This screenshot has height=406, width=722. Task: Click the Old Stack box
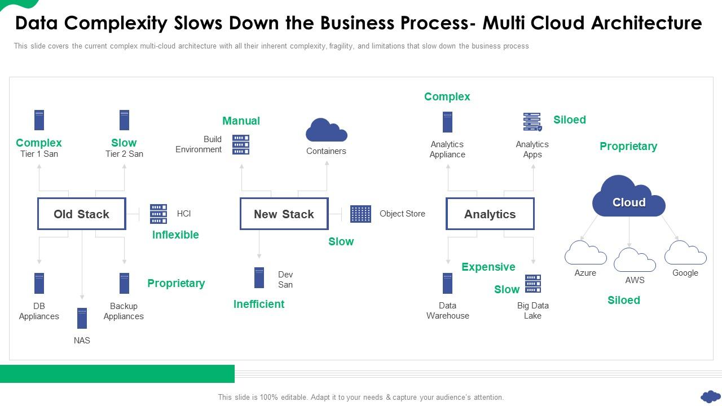tap(81, 214)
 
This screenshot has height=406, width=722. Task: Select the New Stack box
tap(284, 214)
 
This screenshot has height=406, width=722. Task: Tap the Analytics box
tap(490, 214)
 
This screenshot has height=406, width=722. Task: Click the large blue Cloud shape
tap(628, 197)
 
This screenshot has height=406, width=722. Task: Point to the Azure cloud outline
tap(585, 254)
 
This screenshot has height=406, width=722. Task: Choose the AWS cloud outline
tap(635, 261)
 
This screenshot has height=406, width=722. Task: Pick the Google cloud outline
tap(685, 254)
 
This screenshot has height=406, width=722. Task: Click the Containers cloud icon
tap(326, 130)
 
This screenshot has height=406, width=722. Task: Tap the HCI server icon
tap(159, 214)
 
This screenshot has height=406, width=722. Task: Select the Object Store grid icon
tap(360, 214)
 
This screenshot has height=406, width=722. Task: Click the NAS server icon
tap(82, 319)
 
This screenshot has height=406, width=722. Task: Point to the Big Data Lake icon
tap(533, 284)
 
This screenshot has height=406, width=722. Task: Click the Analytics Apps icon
tap(532, 122)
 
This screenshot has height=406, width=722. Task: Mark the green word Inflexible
tap(175, 235)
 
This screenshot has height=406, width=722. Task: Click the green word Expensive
tap(488, 267)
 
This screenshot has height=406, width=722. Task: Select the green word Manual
tap(241, 121)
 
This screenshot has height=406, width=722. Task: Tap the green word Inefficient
tap(259, 304)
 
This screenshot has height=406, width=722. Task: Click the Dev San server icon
tap(259, 278)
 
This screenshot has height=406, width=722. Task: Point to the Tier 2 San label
tap(124, 154)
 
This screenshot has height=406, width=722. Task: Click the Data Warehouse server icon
tap(447, 284)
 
